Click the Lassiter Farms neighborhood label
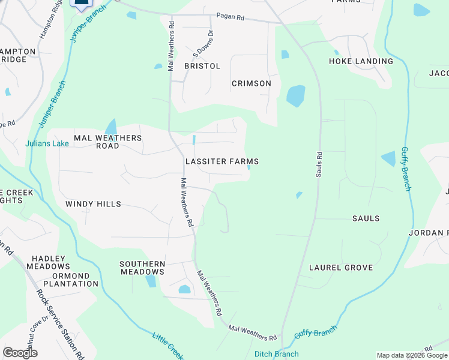[222, 161]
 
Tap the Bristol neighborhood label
[202, 66]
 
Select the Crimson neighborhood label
[252, 83]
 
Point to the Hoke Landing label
[361, 61]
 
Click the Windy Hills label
[93, 204]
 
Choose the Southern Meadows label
[142, 268]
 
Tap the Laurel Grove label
[340, 268]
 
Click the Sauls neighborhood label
[366, 218]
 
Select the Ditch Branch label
[277, 354]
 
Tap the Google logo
[20, 353]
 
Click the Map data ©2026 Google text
[412, 355]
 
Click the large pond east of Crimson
[295, 95]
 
